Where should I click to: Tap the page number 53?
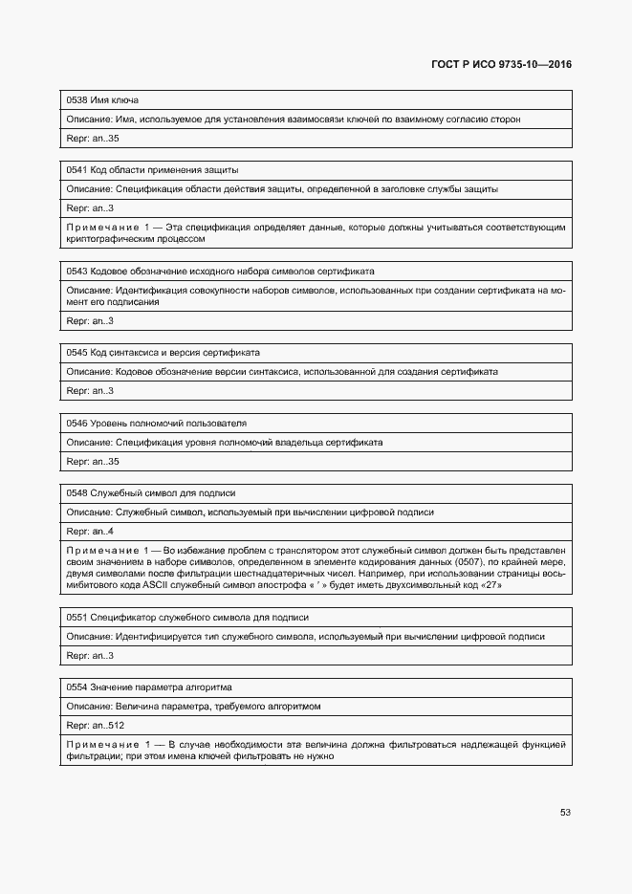(x=565, y=812)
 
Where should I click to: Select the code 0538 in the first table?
(x=76, y=99)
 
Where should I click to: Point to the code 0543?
(x=76, y=271)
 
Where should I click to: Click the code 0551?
(x=76, y=617)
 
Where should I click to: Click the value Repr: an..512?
(x=95, y=726)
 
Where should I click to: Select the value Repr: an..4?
(x=90, y=531)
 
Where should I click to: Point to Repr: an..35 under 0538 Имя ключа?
(x=93, y=139)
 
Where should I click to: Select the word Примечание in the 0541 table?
(x=102, y=228)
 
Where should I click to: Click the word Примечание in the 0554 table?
(x=102, y=744)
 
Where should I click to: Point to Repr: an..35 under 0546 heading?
(x=93, y=462)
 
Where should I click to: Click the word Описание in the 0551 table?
(x=88, y=636)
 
